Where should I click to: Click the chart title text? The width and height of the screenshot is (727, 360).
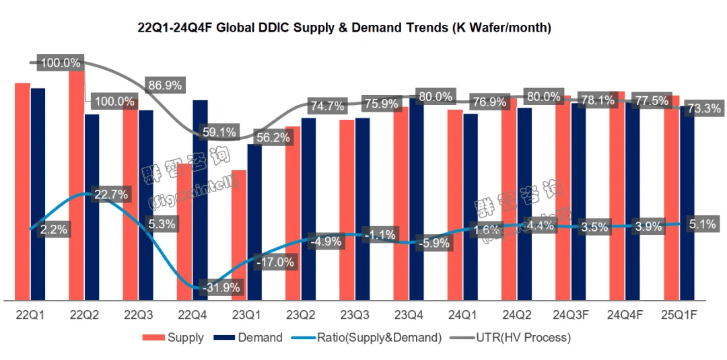click(345, 28)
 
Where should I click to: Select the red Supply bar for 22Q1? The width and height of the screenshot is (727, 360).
click(22, 191)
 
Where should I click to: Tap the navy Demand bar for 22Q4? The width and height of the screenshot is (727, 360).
click(200, 202)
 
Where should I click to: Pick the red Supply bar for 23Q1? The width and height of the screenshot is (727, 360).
click(239, 236)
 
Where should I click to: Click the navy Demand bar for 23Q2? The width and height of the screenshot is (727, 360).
click(308, 209)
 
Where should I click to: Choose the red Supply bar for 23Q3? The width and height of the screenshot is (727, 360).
click(347, 210)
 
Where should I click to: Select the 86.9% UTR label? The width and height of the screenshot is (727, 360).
click(165, 85)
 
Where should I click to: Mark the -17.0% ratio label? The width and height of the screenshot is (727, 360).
click(273, 262)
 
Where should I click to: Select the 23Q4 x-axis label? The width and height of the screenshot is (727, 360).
click(409, 315)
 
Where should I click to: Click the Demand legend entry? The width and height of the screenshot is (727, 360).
click(249, 338)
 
